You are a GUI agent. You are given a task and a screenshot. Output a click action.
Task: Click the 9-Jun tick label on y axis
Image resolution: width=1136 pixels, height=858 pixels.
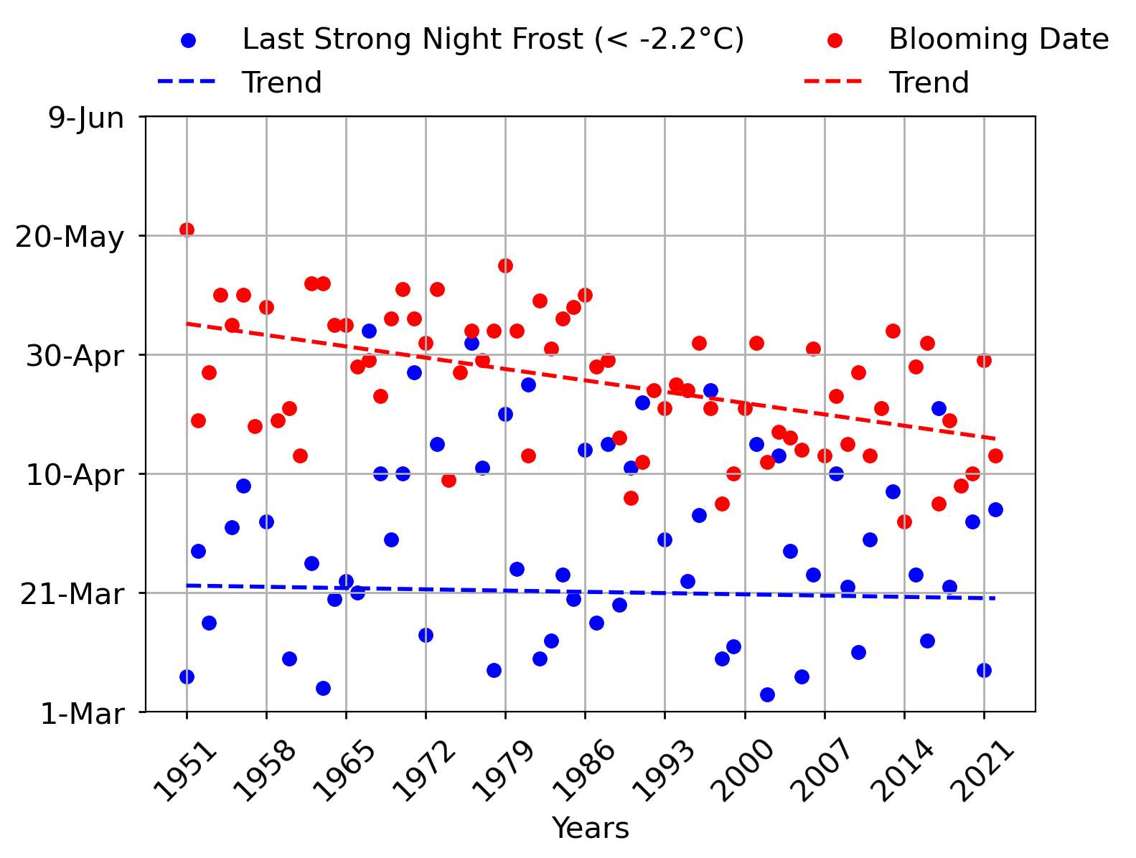point(85,118)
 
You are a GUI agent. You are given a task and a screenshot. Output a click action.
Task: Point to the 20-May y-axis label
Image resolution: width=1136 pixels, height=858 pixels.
point(70,237)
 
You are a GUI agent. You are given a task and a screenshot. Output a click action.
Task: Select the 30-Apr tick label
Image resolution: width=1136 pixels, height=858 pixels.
point(75,356)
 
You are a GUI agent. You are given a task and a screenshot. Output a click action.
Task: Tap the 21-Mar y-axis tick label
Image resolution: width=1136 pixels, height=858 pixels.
point(72,594)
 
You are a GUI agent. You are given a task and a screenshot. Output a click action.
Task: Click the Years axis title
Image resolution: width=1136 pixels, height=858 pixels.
point(590,828)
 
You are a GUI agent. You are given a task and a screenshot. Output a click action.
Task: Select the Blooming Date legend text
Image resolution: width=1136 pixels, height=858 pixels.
point(998,39)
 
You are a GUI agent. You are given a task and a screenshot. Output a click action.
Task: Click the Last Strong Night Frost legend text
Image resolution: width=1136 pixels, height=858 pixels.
point(492,39)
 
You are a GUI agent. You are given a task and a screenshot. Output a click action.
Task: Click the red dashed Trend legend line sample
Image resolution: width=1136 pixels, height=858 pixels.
point(832,82)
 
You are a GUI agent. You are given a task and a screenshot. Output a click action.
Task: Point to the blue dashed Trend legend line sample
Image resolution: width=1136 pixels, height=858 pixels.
point(187,82)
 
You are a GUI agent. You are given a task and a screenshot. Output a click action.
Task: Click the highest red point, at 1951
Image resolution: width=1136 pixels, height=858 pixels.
point(187,230)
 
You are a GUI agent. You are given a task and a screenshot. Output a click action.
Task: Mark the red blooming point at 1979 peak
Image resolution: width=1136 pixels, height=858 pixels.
point(505,265)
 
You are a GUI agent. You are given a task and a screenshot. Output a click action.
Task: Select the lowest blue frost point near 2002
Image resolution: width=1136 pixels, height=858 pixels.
point(767,694)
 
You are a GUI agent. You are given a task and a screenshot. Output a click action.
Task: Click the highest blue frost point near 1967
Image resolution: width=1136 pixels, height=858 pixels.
point(369,331)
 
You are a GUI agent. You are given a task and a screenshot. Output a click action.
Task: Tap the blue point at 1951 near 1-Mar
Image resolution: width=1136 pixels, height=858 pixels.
point(187,676)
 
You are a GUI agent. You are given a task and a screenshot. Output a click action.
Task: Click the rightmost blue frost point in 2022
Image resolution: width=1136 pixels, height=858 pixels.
point(995,509)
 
